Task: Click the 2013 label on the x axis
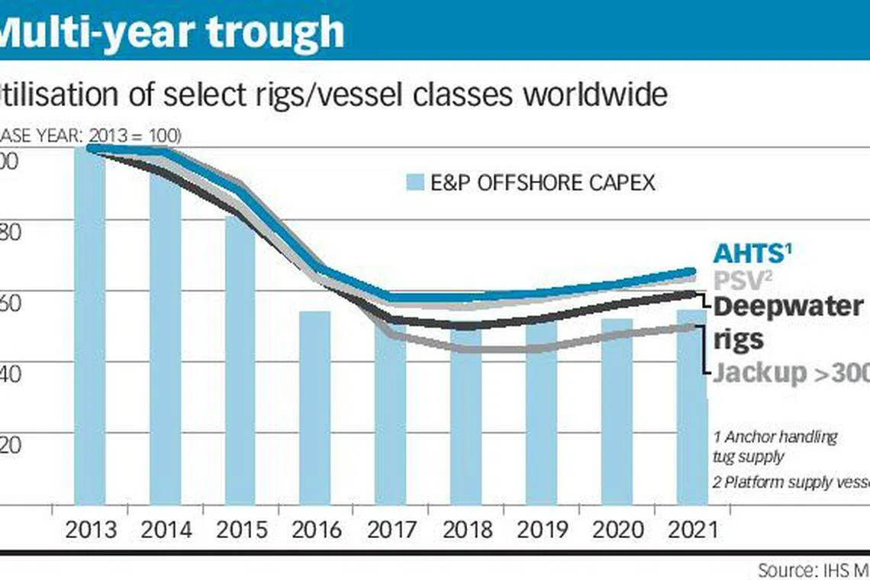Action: coord(90,530)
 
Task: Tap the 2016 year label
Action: coord(314,530)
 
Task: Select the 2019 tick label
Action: coord(541,530)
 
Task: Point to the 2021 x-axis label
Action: coord(691,530)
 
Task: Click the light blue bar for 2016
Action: coord(314,408)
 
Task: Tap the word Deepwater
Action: coord(788,307)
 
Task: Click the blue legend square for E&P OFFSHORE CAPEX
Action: coord(415,183)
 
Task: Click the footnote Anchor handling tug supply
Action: coord(775,446)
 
